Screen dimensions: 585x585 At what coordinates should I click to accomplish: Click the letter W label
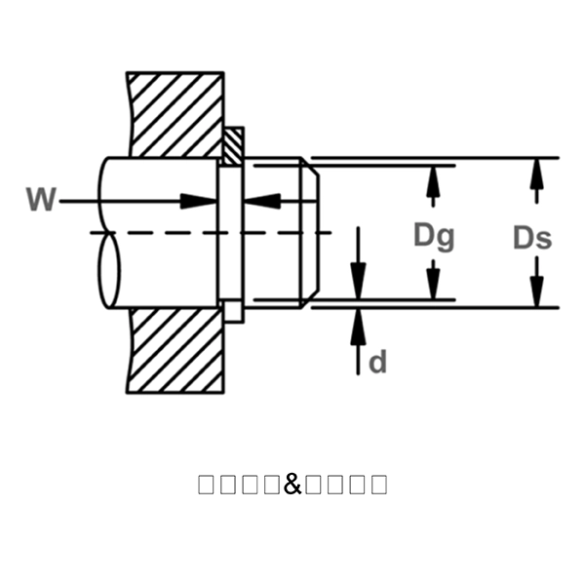click(x=41, y=200)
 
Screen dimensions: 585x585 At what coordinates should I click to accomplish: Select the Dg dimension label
click(x=434, y=235)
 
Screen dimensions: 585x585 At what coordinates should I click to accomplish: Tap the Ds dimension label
click(x=531, y=237)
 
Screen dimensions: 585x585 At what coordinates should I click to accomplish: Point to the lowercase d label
click(x=378, y=362)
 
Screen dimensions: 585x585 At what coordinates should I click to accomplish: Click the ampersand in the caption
click(x=292, y=483)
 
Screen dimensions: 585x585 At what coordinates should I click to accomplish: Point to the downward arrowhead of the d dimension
click(x=359, y=283)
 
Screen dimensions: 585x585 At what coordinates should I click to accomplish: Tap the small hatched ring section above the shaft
click(x=233, y=147)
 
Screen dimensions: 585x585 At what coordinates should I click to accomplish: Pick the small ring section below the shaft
click(x=233, y=312)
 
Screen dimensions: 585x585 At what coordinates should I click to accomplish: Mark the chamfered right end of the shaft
click(x=307, y=232)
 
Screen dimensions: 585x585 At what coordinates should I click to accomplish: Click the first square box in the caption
click(x=206, y=484)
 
